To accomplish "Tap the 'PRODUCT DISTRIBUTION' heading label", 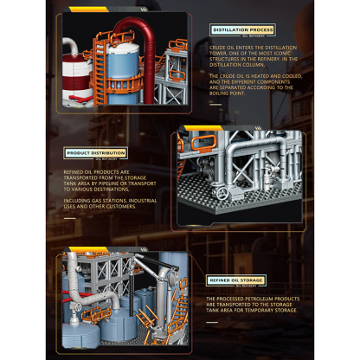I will [x=96, y=152].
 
